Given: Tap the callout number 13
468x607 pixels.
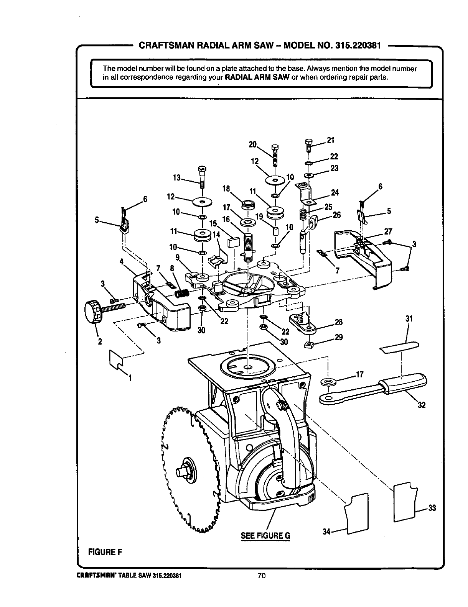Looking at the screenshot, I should [x=176, y=178].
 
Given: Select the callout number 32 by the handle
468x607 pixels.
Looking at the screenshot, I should [x=421, y=405].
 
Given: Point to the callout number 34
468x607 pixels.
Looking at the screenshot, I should [x=326, y=532].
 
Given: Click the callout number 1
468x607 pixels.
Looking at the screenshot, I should [x=130, y=379].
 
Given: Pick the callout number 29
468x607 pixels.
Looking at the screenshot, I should [x=338, y=338].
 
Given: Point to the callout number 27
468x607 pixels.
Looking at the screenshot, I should [x=388, y=231].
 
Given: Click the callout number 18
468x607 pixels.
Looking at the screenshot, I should [x=226, y=189].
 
